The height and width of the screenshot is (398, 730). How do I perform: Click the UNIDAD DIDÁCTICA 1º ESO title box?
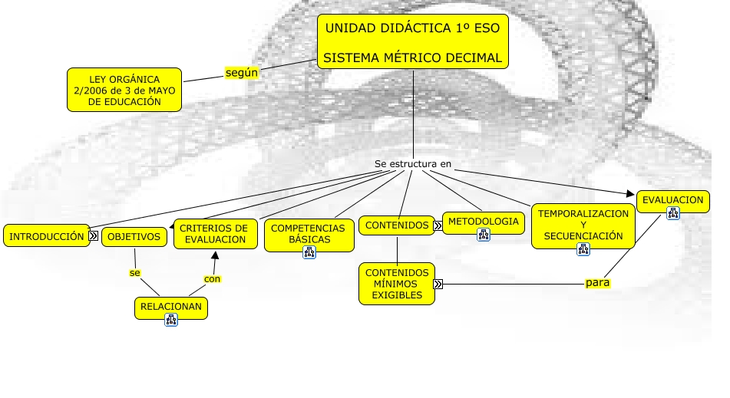tap(412, 42)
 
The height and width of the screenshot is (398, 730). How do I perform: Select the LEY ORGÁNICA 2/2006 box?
tap(124, 90)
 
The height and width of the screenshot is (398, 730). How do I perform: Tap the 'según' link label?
tap(241, 73)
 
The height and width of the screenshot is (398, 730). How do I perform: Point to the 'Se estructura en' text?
tap(413, 163)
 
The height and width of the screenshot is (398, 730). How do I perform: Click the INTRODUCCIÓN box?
tap(47, 235)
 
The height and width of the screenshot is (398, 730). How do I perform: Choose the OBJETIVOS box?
tap(134, 237)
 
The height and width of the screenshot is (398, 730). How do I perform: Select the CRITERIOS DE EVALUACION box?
tap(216, 234)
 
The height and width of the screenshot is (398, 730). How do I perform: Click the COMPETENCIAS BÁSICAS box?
tap(309, 235)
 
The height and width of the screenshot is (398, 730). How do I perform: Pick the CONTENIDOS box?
tap(397, 225)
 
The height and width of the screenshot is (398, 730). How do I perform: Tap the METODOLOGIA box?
tap(484, 222)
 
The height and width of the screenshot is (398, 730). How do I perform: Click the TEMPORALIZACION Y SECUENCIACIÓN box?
tap(583, 225)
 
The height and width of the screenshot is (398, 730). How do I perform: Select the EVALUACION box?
tap(672, 201)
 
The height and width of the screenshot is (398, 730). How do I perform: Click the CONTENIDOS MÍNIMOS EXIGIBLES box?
tap(397, 284)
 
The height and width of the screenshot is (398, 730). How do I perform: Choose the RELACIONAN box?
tap(171, 308)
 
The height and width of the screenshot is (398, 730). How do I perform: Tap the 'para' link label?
tap(597, 283)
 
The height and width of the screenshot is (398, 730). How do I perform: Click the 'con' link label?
tap(212, 279)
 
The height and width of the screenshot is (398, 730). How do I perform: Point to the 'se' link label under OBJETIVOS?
tap(134, 272)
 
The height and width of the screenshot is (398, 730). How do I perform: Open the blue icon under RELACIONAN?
tap(171, 320)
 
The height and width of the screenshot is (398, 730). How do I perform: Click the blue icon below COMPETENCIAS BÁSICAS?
tap(309, 252)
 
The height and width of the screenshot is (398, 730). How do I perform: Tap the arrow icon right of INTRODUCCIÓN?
tap(93, 235)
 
